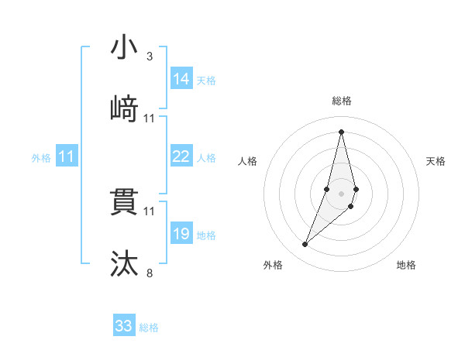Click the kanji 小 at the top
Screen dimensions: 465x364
[124, 47]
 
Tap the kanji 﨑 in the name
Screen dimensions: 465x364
[124, 109]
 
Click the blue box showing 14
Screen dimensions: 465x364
[181, 79]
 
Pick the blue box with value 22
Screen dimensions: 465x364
[181, 156]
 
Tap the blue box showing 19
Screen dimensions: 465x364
[181, 234]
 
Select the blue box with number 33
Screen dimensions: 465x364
[124, 326]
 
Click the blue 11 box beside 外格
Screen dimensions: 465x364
[67, 156]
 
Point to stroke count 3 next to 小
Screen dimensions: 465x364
[150, 57]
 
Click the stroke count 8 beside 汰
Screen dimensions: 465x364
[150, 273]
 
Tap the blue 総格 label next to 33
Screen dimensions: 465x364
[149, 328]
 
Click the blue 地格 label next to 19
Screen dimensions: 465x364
[207, 235]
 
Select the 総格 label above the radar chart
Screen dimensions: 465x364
[341, 101]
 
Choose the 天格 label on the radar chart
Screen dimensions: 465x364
[436, 161]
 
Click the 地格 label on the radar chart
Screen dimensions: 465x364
[406, 265]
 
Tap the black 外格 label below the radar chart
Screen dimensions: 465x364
[273, 265]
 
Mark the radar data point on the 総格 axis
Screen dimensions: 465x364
[341, 131]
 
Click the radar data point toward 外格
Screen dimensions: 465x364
[305, 245]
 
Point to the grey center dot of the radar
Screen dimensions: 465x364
[341, 191]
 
